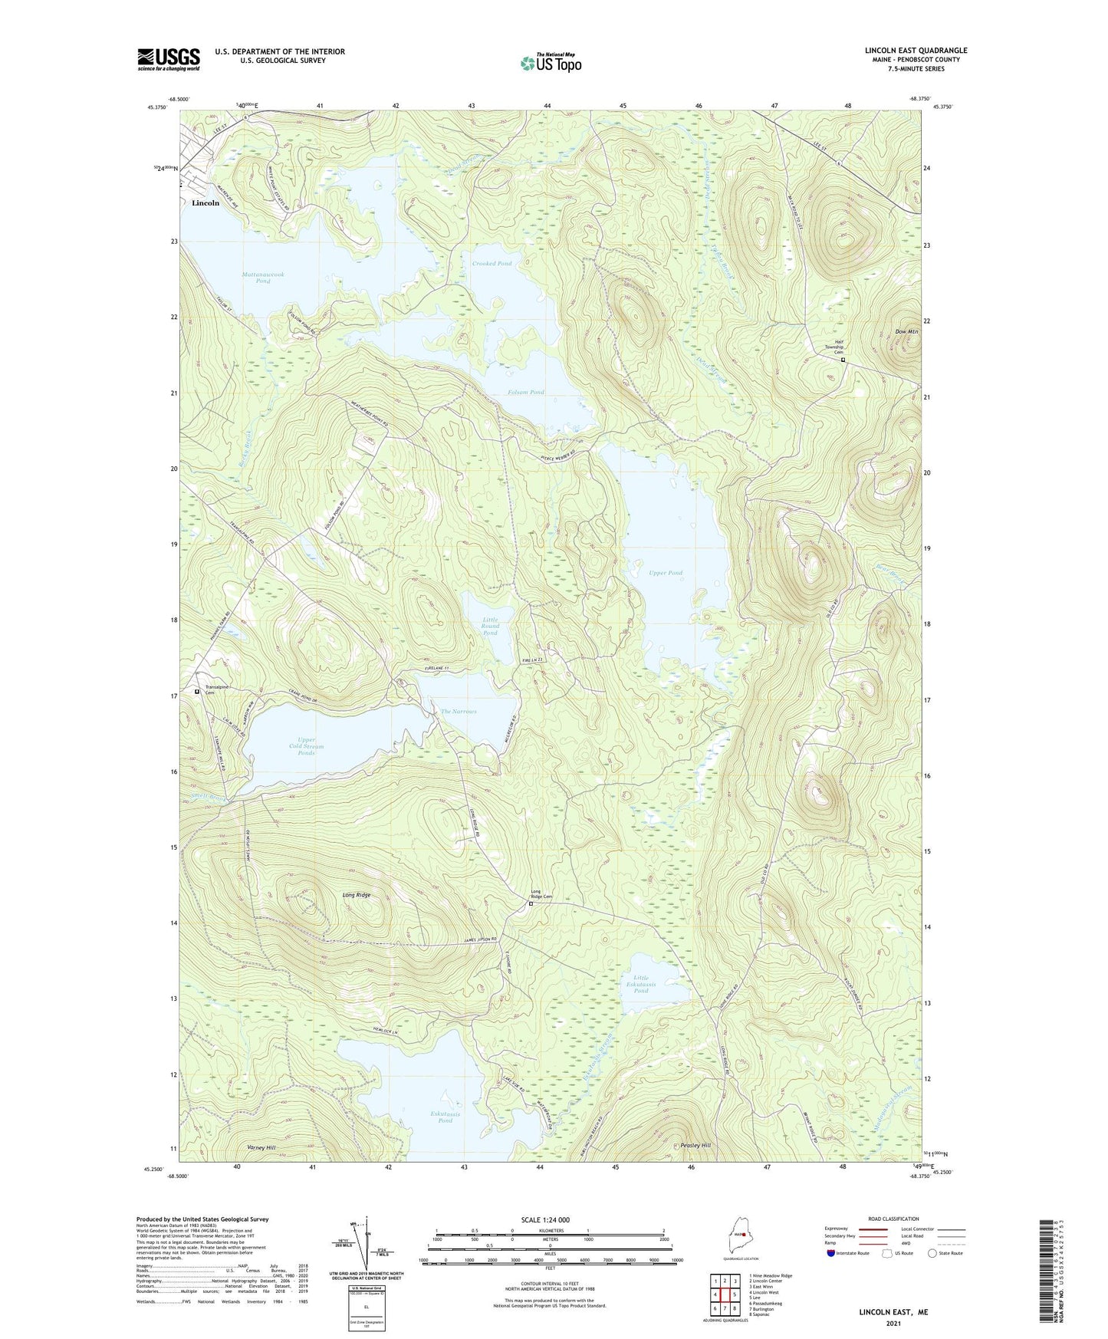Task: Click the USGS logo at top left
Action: coord(169,59)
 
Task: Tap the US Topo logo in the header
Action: coord(551,63)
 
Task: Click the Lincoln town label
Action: coord(205,203)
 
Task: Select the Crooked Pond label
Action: coord(492,263)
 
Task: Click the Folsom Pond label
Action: coord(526,392)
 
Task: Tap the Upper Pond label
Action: coord(666,573)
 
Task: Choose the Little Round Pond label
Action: coord(490,626)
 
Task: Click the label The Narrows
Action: coord(459,712)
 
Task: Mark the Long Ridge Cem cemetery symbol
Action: coord(531,903)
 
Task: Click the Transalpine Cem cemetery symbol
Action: coord(197,691)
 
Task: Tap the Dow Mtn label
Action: coord(906,331)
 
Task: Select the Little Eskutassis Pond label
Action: coord(641,984)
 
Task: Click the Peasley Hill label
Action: coord(695,1145)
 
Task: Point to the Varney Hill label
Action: coord(261,1147)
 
